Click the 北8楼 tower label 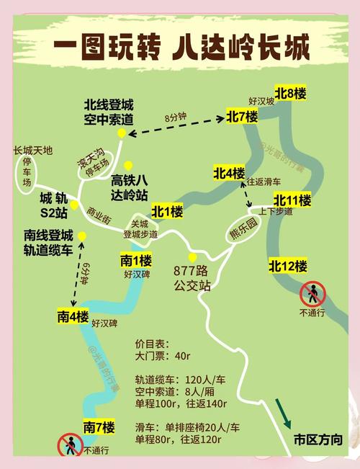tap(291, 93)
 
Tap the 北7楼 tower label tap(242, 116)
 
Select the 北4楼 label tap(229, 173)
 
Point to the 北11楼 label tap(292, 200)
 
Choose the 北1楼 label tap(167, 212)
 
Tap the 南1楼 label tap(136, 260)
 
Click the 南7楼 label tap(99, 426)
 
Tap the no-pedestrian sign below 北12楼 tap(313, 293)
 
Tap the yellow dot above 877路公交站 tap(192, 257)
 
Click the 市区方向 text tap(318, 440)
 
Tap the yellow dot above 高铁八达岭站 tap(128, 165)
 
